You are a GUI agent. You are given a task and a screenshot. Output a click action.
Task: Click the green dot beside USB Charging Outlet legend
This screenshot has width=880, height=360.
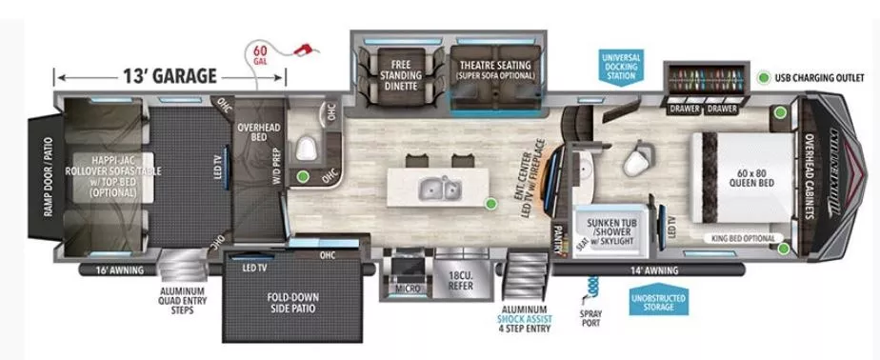(764, 77)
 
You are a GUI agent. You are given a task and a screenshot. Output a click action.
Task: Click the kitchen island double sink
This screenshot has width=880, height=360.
(441, 189)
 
